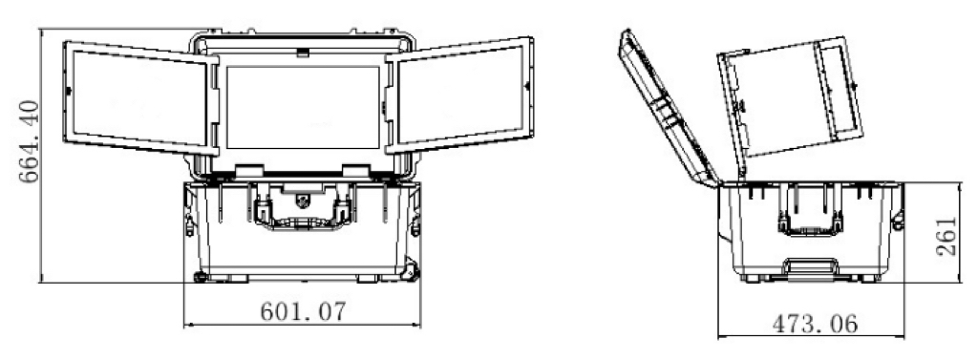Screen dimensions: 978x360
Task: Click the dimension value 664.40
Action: click(30, 141)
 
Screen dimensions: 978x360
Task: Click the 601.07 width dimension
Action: click(302, 310)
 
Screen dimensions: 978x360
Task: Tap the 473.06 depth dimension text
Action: click(816, 324)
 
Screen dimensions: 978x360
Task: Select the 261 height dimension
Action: click(946, 236)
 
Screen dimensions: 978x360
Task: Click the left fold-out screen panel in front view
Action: click(141, 98)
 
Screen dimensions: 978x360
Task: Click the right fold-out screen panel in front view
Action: click(460, 95)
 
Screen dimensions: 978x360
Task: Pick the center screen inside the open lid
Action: click(303, 107)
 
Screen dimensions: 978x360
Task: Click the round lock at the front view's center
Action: click(303, 201)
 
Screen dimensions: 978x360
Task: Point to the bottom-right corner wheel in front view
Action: click(411, 272)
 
